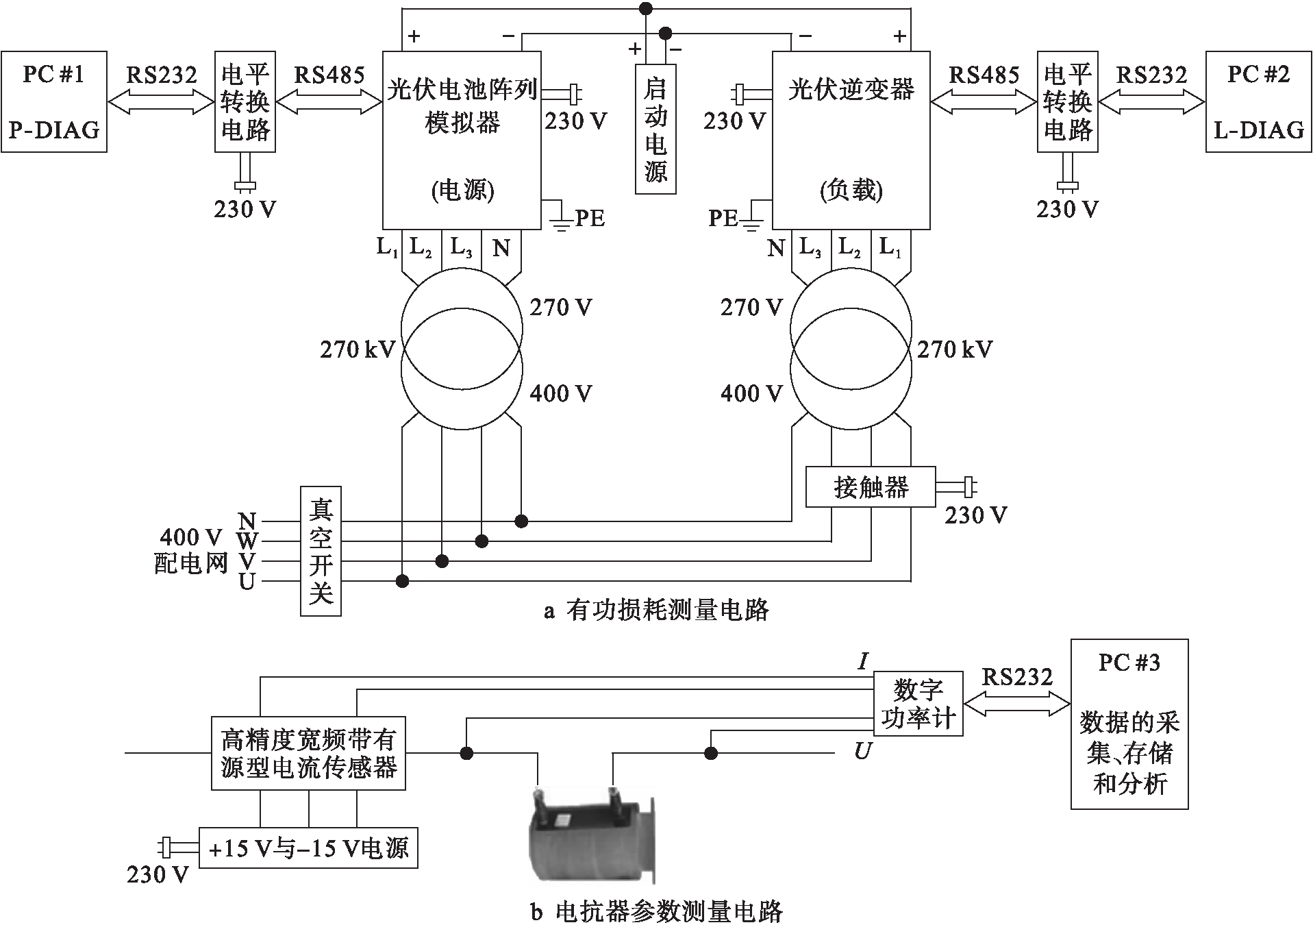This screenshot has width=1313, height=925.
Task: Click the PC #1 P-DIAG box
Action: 54,101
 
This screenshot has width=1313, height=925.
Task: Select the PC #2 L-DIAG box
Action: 1258,101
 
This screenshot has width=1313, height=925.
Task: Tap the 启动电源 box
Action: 655,129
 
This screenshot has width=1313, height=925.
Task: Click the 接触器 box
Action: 870,487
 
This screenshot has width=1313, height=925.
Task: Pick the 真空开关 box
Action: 321,551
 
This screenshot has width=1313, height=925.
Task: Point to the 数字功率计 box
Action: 918,704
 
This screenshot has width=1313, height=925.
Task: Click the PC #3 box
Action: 1129,724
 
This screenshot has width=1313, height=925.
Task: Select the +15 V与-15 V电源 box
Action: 308,848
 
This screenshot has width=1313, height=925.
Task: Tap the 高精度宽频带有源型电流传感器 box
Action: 308,753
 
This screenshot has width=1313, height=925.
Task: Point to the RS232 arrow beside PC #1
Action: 162,103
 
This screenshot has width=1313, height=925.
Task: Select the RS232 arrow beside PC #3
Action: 1016,704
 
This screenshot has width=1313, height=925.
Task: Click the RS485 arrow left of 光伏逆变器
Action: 984,103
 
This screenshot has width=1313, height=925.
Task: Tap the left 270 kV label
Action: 358,350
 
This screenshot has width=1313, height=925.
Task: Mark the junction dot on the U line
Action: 403,582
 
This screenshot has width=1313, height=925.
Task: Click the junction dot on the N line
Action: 521,521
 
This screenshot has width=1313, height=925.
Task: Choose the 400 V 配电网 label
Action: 191,550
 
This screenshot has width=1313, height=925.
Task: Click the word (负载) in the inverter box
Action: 851,190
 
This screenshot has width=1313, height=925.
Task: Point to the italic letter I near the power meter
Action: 863,661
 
